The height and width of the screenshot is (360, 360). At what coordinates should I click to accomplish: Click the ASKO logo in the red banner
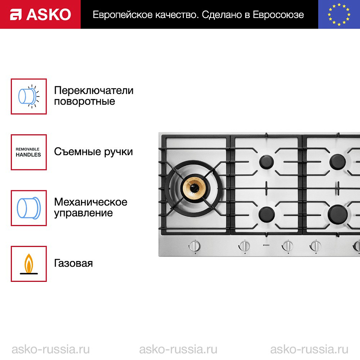coord(40,14)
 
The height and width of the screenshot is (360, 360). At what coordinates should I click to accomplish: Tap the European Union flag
coord(339,14)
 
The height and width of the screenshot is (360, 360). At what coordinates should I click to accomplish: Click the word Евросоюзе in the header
coord(278,15)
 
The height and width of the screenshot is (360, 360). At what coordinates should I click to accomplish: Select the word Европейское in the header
coord(123,15)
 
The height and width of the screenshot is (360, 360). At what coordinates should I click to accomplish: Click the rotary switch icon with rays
coord(29,97)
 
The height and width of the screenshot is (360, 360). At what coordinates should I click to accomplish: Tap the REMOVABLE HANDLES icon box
coord(29,152)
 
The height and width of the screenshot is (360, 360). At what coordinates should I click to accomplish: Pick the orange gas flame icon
coord(29,264)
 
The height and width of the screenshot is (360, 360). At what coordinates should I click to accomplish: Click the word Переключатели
coord(94,90)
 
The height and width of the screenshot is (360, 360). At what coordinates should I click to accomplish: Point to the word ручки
coord(119,152)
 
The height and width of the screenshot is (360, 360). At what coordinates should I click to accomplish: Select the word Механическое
coord(91,202)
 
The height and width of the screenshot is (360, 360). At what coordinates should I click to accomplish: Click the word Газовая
coord(74,263)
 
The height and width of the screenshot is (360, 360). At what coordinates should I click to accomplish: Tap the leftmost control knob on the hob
coord(195,246)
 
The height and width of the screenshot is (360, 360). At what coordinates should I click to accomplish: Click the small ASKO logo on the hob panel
coord(266,245)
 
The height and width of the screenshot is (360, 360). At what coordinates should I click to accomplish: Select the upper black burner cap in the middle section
coord(267,162)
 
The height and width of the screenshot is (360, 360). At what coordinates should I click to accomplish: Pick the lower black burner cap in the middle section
coord(267,214)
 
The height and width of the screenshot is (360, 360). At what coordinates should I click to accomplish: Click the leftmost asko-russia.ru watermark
coord(50,349)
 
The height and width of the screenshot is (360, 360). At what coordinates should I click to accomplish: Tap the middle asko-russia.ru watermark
coord(178,349)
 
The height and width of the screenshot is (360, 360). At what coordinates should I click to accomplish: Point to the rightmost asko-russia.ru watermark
coord(309,349)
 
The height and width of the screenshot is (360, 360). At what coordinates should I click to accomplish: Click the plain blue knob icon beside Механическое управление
coord(29,208)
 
